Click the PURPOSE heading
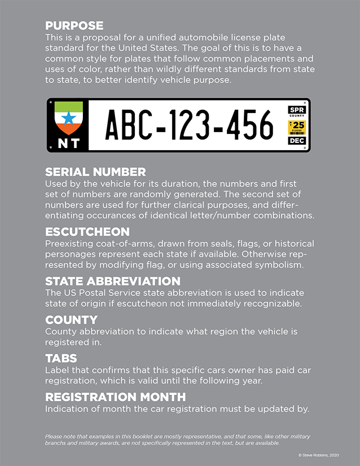[x=74, y=25]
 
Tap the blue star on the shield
[x=69, y=119]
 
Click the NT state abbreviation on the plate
[x=69, y=143]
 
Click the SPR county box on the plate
[x=296, y=110]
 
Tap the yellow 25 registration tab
[x=297, y=125]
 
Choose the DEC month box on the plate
[x=296, y=140]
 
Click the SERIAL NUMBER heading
[x=95, y=172]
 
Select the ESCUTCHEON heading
[x=87, y=232]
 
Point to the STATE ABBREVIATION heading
[x=112, y=281]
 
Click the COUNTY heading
[x=71, y=320]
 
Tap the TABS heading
[x=61, y=358]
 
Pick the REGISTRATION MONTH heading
[x=115, y=397]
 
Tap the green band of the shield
[x=69, y=107]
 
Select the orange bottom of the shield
[x=69, y=130]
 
